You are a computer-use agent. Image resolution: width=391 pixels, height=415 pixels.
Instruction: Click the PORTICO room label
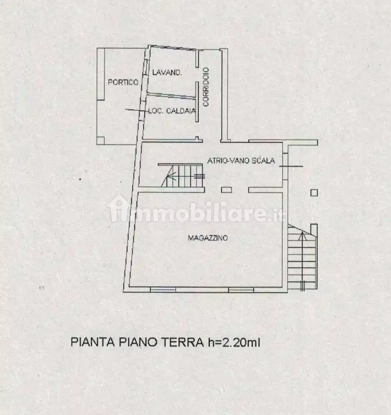point(123,82)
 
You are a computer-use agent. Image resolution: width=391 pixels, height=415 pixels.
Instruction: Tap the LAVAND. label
point(166,72)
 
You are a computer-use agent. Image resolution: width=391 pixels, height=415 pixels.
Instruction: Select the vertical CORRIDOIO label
point(206,86)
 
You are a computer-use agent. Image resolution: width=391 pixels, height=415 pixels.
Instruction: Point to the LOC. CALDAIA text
point(172,111)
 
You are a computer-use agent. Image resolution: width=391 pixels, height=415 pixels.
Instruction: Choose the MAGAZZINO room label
point(207,238)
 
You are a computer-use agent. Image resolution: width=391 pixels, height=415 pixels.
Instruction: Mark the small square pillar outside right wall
point(314,193)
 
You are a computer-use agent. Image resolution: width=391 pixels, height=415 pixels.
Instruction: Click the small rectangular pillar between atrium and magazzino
point(226,190)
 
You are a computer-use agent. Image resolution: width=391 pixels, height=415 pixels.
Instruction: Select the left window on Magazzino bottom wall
point(162,290)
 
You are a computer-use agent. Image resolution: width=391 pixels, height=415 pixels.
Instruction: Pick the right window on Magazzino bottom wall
point(241,290)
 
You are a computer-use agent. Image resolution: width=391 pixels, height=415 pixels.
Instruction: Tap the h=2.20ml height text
point(233,343)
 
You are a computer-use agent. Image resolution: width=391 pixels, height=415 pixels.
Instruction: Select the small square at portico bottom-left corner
point(100,140)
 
